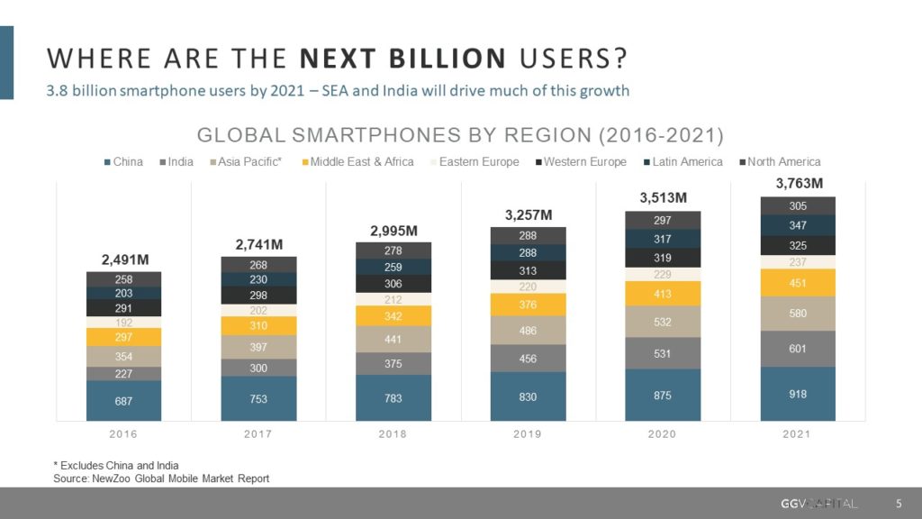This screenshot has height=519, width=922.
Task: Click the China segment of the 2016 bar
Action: pyautogui.click(x=123, y=400)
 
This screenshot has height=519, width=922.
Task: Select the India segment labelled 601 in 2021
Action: pyautogui.click(x=798, y=349)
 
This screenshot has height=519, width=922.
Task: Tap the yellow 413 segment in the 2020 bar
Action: pyautogui.click(x=663, y=294)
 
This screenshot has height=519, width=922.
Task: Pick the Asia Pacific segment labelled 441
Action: pyautogui.click(x=393, y=339)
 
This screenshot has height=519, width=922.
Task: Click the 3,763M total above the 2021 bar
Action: pyautogui.click(x=798, y=184)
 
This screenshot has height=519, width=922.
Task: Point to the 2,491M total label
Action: pyautogui.click(x=123, y=260)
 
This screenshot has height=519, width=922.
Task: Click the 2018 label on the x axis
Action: pyautogui.click(x=393, y=434)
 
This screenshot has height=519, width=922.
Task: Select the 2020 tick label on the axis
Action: pyautogui.click(x=663, y=434)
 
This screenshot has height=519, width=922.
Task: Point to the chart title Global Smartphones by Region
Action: pyautogui.click(x=460, y=135)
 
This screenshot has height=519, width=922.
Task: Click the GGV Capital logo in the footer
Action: pyautogui.click(x=818, y=502)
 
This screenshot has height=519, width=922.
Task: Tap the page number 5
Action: pyautogui.click(x=898, y=502)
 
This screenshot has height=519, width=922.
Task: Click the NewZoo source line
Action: pyautogui.click(x=161, y=478)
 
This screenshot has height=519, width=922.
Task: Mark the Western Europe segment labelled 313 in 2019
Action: pyautogui.click(x=528, y=270)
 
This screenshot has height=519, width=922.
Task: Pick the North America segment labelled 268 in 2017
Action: pyautogui.click(x=258, y=265)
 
